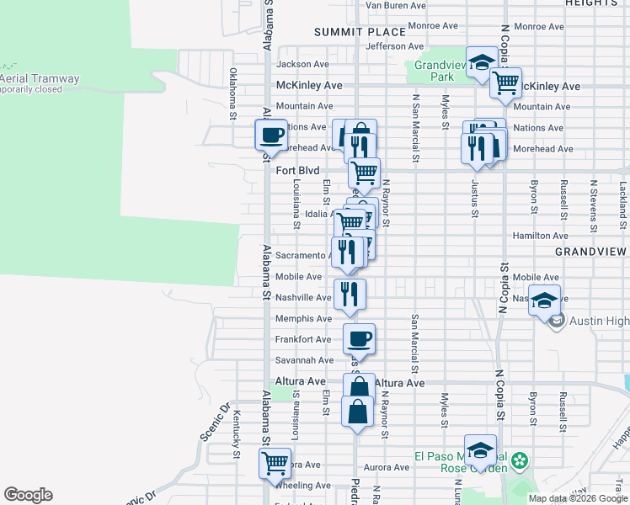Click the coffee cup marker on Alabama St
(271, 135)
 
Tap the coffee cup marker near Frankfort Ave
(359, 339)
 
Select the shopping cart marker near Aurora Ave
(275, 463)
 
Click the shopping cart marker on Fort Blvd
(364, 173)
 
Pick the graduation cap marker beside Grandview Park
(481, 61)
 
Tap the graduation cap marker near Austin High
(545, 300)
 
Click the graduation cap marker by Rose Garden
(480, 449)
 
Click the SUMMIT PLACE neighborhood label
(348, 32)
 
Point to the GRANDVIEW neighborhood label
(591, 252)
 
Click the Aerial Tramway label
(40, 79)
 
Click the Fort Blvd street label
(298, 170)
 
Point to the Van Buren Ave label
(395, 5)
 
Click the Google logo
(28, 495)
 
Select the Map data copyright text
(577, 498)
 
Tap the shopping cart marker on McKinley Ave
(505, 82)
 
